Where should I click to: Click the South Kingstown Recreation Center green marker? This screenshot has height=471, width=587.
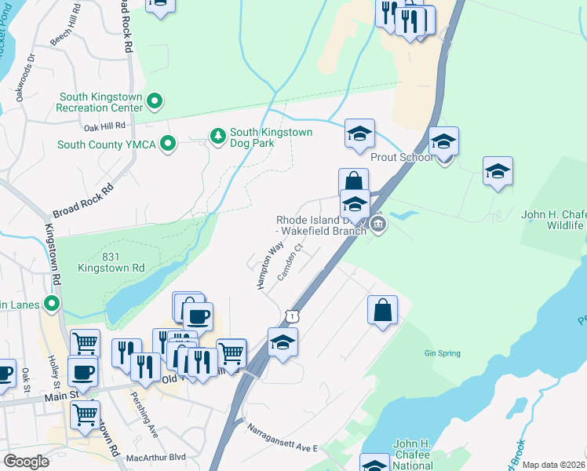click(x=155, y=101)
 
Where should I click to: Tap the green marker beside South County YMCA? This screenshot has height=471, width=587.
click(x=167, y=144)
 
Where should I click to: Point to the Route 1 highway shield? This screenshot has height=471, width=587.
click(x=291, y=315)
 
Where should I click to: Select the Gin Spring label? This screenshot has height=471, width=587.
click(x=442, y=353)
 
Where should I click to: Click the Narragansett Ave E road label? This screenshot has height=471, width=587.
click(x=282, y=438)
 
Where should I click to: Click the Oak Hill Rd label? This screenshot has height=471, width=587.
click(x=104, y=126)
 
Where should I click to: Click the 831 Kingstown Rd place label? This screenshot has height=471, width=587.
click(x=111, y=261)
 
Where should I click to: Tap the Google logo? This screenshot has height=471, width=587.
click(x=26, y=462)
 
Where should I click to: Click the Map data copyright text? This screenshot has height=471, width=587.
click(x=553, y=465)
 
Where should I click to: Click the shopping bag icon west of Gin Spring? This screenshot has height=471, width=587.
click(x=382, y=309)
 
